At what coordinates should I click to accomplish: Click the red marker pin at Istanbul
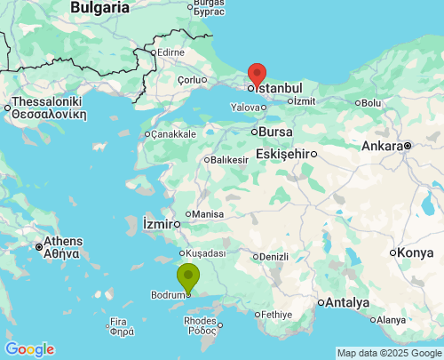(257, 74)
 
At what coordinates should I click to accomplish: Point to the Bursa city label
(273, 132)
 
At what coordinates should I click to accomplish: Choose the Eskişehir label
(282, 153)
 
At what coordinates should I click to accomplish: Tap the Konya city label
(416, 252)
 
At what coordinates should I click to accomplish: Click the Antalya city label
(347, 302)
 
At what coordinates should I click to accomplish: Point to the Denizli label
(274, 257)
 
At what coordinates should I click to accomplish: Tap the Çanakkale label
(173, 134)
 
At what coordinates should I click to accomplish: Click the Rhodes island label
(199, 321)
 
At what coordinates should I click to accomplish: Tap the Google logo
(29, 349)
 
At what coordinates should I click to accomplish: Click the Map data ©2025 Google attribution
(388, 353)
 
